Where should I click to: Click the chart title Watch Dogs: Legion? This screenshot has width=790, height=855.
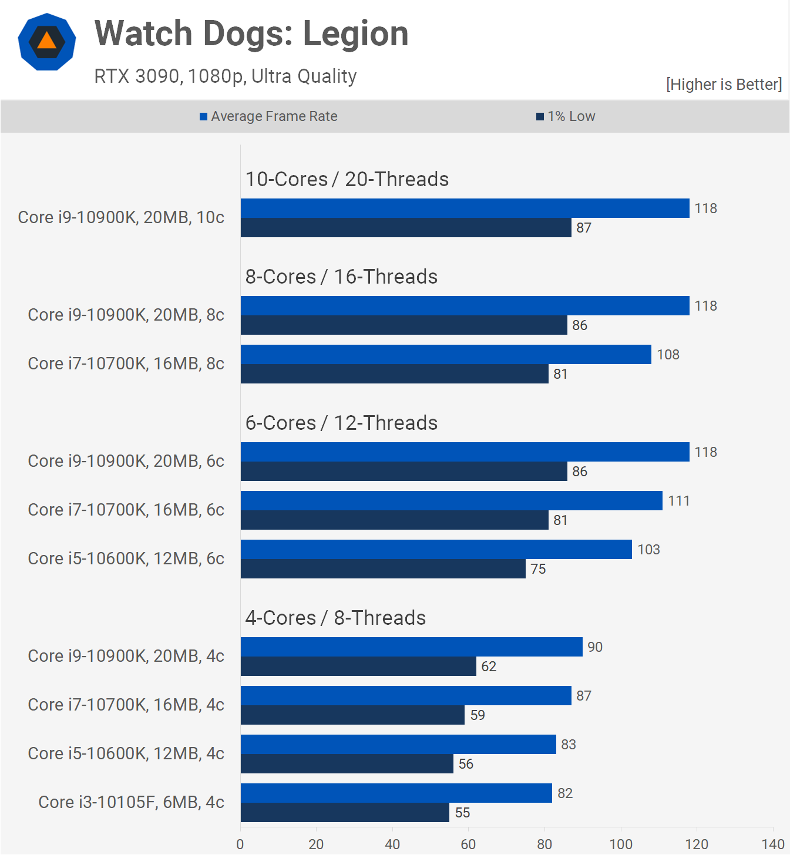pyautogui.click(x=251, y=33)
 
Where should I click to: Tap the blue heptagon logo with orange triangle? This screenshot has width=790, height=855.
pyautogui.click(x=47, y=42)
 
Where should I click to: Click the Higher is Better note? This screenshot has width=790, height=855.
pyautogui.click(x=724, y=85)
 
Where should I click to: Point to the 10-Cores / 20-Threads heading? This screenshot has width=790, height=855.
pyautogui.click(x=347, y=179)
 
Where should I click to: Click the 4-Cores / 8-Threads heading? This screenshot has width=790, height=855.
pyautogui.click(x=335, y=618)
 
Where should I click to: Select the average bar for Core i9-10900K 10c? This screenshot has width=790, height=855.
pyautogui.click(x=465, y=208)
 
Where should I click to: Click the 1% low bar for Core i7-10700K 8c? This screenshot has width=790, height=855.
pyautogui.click(x=394, y=374)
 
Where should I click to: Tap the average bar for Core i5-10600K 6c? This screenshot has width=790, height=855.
pyautogui.click(x=436, y=550)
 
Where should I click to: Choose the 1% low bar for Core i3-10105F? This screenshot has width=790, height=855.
pyautogui.click(x=345, y=813)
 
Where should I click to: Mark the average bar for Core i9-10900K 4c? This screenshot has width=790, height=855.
pyautogui.click(x=411, y=647)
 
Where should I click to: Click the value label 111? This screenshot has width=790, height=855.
pyautogui.click(x=678, y=501)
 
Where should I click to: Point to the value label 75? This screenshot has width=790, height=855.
pyautogui.click(x=538, y=569)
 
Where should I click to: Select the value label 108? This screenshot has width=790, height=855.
pyautogui.click(x=668, y=355)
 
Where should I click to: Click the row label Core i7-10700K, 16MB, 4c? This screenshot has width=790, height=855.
pyautogui.click(x=126, y=705)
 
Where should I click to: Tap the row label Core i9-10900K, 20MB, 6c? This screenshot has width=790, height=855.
pyautogui.click(x=126, y=461)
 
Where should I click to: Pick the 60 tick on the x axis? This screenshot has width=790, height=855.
pyautogui.click(x=468, y=844)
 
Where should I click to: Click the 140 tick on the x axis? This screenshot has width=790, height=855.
pyautogui.click(x=772, y=844)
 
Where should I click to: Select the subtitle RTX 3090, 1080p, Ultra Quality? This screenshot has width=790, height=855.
pyautogui.click(x=226, y=76)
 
